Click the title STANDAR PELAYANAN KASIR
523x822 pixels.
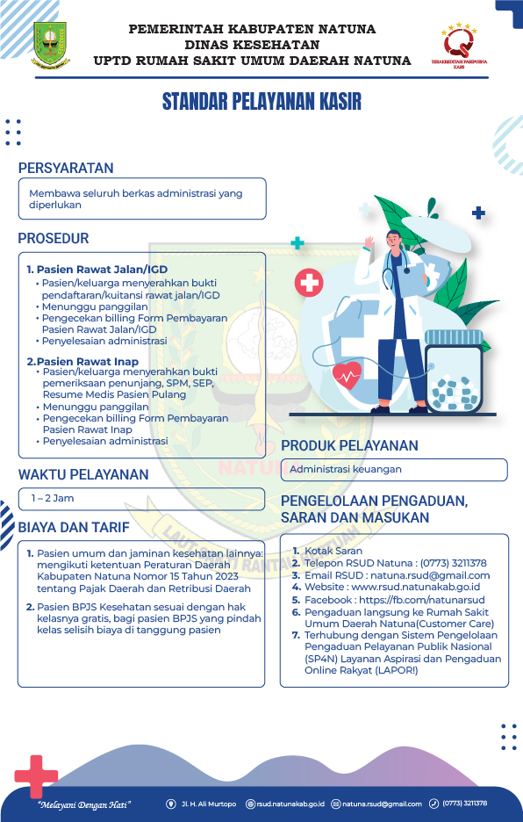tap(261, 102)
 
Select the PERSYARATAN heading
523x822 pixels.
tap(66, 168)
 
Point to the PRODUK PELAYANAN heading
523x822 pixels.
tap(349, 445)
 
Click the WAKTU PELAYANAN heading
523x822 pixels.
tap(83, 474)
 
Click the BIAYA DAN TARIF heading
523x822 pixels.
tap(74, 527)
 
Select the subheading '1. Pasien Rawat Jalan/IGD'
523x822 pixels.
tap(97, 269)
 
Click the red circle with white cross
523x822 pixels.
tap(308, 283)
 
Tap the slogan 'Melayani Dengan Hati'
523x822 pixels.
tap(84, 804)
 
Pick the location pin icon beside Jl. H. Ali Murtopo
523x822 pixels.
tap(171, 804)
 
